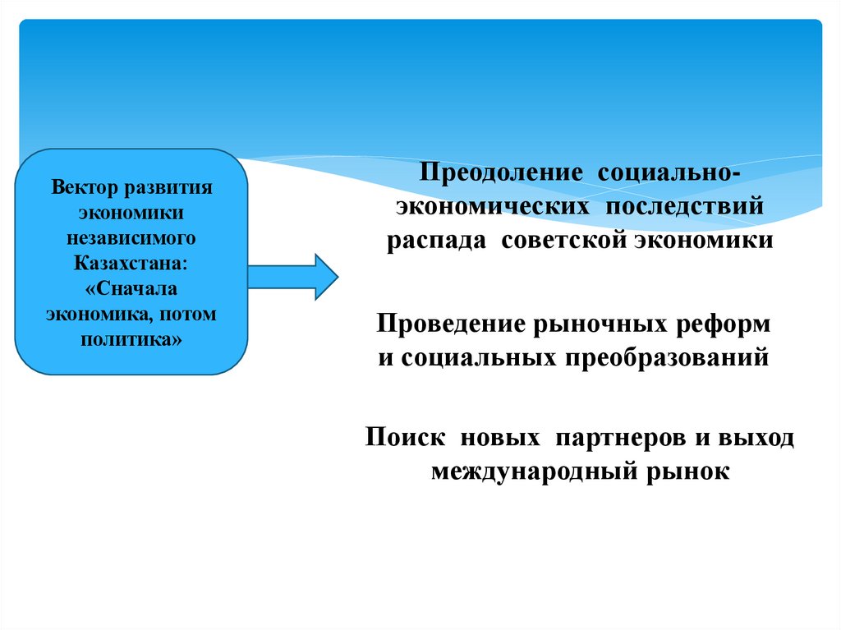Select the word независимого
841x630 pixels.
click(131, 238)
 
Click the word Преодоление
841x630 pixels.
click(503, 174)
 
